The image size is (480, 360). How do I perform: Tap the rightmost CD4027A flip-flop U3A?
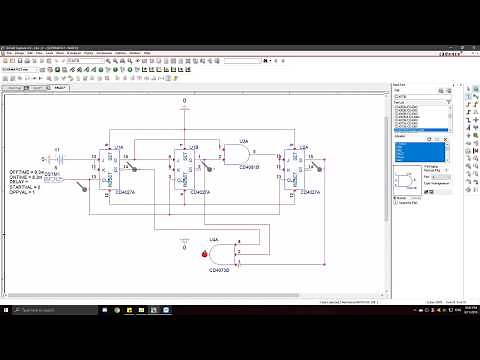(300, 167)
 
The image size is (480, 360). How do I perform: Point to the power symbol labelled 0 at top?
(183, 104)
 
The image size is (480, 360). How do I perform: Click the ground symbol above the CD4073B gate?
(183, 242)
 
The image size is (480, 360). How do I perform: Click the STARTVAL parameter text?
(51, 186)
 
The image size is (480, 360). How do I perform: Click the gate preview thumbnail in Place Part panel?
(407, 180)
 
